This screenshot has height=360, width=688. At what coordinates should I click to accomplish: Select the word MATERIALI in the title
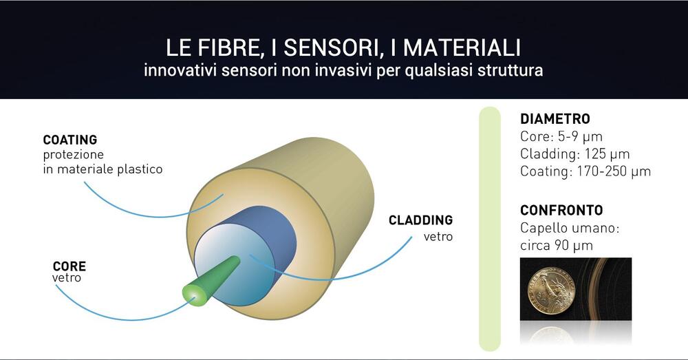pos(462,47)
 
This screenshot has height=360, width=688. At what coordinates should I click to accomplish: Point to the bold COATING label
pos(70,140)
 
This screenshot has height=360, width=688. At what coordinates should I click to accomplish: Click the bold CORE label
pos(69,266)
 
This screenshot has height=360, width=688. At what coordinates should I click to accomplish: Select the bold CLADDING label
pos(421,220)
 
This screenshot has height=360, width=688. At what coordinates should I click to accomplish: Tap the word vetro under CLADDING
pos(438,237)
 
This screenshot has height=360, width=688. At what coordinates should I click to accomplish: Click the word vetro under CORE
pos(67,278)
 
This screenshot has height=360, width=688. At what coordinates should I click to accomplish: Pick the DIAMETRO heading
pos(555,119)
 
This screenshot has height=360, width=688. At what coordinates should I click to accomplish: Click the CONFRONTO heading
pos(561,211)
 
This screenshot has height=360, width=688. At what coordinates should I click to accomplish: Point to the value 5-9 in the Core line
pos(568,136)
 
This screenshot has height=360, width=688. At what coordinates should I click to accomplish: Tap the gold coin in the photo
pos(550,291)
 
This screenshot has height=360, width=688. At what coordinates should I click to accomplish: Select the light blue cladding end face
pos(233,268)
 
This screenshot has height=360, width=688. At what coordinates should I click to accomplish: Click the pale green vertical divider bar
pos(490,229)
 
